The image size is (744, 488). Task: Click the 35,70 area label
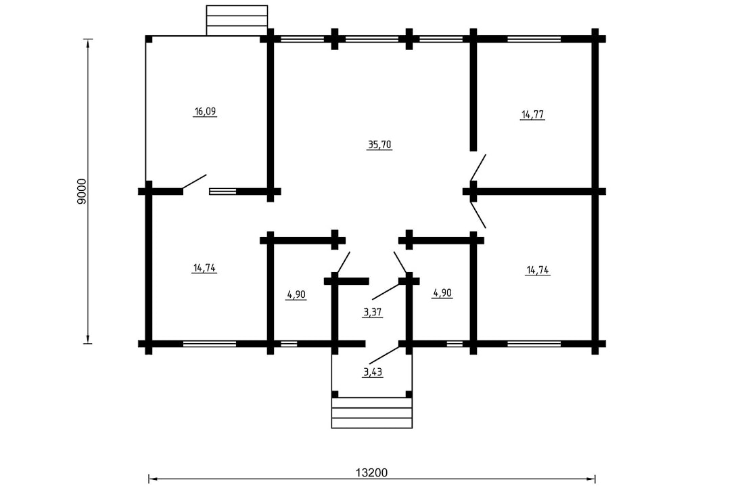[379, 144]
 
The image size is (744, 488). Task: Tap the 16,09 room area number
[205, 112]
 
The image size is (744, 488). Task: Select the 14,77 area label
[532, 114]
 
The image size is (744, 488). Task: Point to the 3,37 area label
[373, 312]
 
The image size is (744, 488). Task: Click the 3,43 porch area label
[373, 372]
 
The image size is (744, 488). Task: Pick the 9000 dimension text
[82, 192]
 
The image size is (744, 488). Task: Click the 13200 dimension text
[371, 472]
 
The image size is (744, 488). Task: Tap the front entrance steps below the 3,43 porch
[371, 413]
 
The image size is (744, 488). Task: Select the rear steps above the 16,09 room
[237, 20]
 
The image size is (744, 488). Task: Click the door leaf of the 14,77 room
[478, 168]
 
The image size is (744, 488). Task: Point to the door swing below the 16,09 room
[195, 182]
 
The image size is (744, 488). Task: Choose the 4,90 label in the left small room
[296, 294]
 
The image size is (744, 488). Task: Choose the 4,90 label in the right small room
[442, 293]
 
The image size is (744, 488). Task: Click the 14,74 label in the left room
[204, 268]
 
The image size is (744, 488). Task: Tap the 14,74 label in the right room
[538, 270]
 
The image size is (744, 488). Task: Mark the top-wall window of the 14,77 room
[534, 39]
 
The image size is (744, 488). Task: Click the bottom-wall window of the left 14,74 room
[210, 344]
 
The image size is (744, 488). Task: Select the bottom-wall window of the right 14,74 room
[534, 344]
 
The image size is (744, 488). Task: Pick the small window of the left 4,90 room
[289, 344]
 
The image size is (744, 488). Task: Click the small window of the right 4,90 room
[455, 344]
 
